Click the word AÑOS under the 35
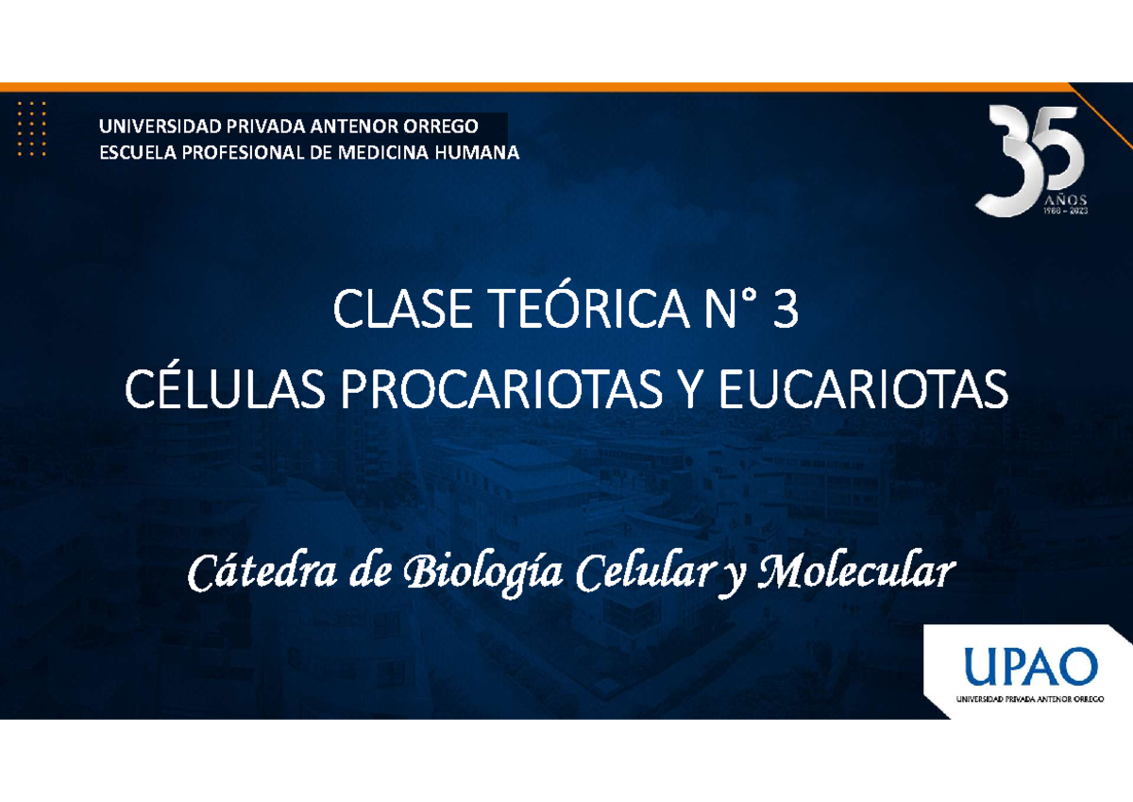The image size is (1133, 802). pyautogui.click(x=1065, y=199)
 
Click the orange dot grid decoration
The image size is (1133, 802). pyautogui.click(x=32, y=127)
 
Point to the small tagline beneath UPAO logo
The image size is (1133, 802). pyautogui.click(x=1028, y=699)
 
